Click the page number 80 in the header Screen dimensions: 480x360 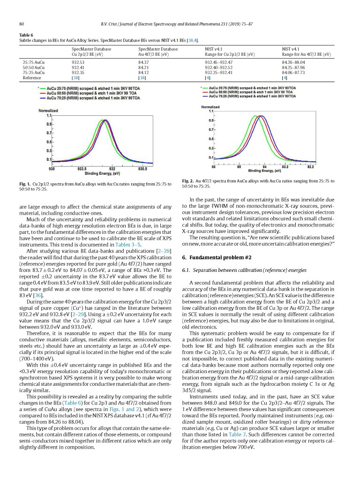pyautogui.click(x=22, y=23)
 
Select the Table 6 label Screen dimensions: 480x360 pyautogui.click(x=26, y=35)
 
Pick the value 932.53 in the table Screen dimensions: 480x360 pyautogui.click(x=78, y=61)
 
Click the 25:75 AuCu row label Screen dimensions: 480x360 pyautogui.click(x=33, y=61)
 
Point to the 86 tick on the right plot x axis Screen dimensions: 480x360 pyautogui.click(x=214, y=166)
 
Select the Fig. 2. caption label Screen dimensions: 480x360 pyautogui.click(x=188, y=180)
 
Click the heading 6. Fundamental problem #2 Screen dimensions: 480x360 pyautogui.click(x=217, y=257)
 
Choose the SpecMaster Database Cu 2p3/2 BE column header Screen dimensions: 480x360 pyautogui.click(x=91, y=52)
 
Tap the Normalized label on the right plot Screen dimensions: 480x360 pyautogui.click(x=211, y=107)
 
